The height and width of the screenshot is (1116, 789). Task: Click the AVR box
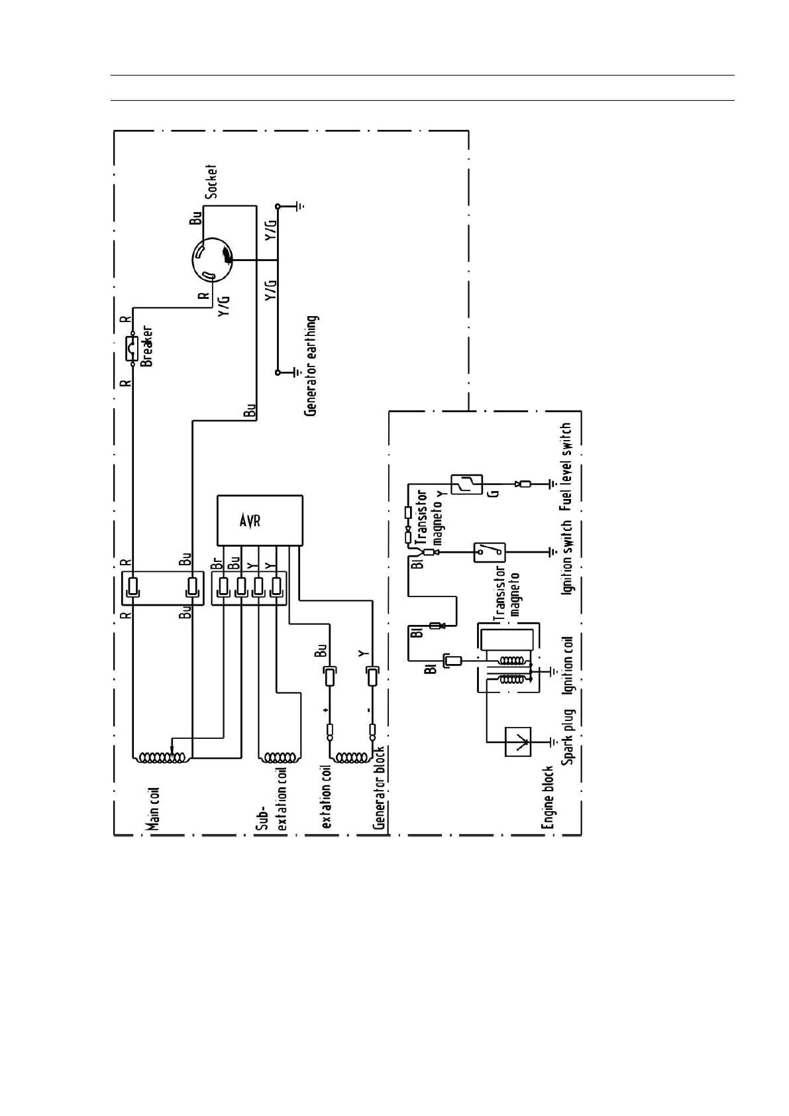[x=260, y=521]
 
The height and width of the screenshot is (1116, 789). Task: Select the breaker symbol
[x=133, y=349]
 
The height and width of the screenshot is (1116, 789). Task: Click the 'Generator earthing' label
[x=311, y=365]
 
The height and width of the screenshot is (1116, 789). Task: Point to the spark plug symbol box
[x=518, y=742]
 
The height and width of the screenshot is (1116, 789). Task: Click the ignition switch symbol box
[x=490, y=551]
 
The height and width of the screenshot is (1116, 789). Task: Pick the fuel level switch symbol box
[x=466, y=484]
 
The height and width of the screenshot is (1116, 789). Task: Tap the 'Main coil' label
[x=154, y=809]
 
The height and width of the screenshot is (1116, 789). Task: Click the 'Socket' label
[x=211, y=180]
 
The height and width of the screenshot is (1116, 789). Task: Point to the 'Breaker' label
[x=147, y=346]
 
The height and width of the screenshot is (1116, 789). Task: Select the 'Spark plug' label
[x=568, y=737]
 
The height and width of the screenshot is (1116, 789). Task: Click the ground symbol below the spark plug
[x=553, y=742]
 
